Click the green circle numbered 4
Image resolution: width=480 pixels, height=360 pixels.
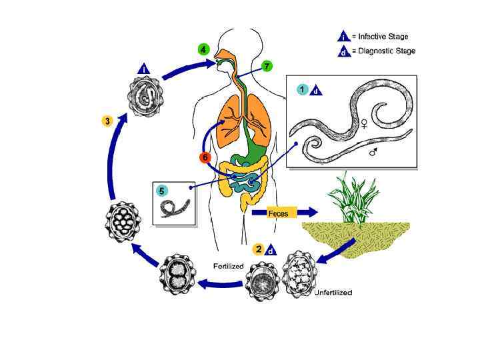click(x=203, y=49)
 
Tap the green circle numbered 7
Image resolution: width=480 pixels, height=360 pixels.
click(x=267, y=67)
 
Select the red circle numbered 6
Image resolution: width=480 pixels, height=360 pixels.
click(x=205, y=157)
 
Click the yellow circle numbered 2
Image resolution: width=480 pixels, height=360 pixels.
click(x=257, y=250)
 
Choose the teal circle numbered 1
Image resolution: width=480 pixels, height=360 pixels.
click(x=303, y=89)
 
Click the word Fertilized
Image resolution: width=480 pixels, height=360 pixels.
click(x=229, y=266)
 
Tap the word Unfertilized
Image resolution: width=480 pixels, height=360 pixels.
click(x=333, y=293)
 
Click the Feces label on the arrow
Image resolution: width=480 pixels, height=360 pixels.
click(x=277, y=213)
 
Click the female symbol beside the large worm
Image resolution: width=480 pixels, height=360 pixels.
click(x=364, y=123)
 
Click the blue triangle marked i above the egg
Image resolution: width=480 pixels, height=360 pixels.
click(x=145, y=69)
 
